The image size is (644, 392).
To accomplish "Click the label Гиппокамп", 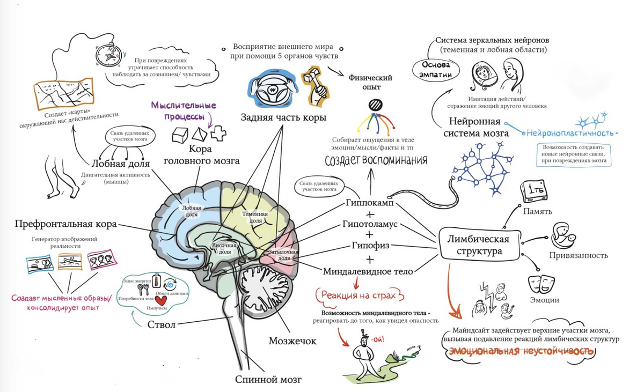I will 370,204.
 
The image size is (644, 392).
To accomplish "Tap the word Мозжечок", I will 292,341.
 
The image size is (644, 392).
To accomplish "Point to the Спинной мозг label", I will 268,380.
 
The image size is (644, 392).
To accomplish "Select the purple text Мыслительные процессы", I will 184,110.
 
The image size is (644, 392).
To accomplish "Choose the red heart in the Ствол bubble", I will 160,300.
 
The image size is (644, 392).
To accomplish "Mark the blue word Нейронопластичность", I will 570,133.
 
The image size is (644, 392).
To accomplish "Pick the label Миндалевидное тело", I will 368,271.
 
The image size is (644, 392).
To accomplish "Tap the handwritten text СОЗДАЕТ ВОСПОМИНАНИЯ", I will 376,160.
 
